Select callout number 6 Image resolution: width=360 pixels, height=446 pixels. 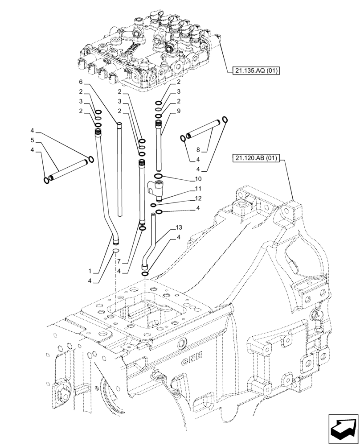click(x=81, y=82)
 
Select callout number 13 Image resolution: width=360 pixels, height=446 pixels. click(x=179, y=227)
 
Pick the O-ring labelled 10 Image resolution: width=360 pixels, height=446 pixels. click(x=159, y=177)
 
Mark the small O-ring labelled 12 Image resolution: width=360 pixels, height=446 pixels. click(x=153, y=205)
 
